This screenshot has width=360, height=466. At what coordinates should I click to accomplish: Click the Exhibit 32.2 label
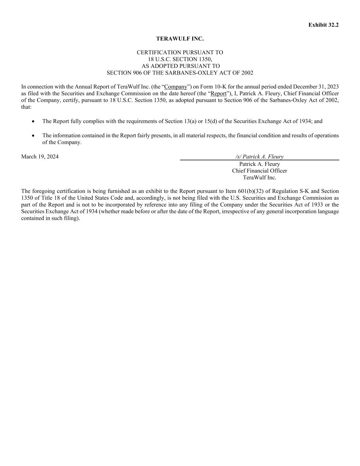[323, 25]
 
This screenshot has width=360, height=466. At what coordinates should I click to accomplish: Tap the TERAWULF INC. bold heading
[180, 39]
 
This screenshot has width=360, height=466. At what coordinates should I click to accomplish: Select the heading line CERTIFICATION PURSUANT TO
[180, 53]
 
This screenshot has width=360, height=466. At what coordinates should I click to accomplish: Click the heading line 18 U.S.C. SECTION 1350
[180, 59]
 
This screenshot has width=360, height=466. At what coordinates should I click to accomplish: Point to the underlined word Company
[175, 87]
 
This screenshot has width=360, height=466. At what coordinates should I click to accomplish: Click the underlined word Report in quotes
[218, 94]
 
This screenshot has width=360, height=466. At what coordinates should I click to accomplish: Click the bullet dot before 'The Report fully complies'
[33, 121]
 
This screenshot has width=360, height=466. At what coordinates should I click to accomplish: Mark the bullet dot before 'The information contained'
[33, 136]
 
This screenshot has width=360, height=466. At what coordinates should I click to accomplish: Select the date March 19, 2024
[40, 157]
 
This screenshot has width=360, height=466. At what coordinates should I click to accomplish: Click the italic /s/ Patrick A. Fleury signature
[259, 157]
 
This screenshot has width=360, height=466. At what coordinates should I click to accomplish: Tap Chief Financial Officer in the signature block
[259, 171]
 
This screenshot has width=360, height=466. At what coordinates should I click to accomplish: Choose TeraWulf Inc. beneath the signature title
[259, 178]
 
